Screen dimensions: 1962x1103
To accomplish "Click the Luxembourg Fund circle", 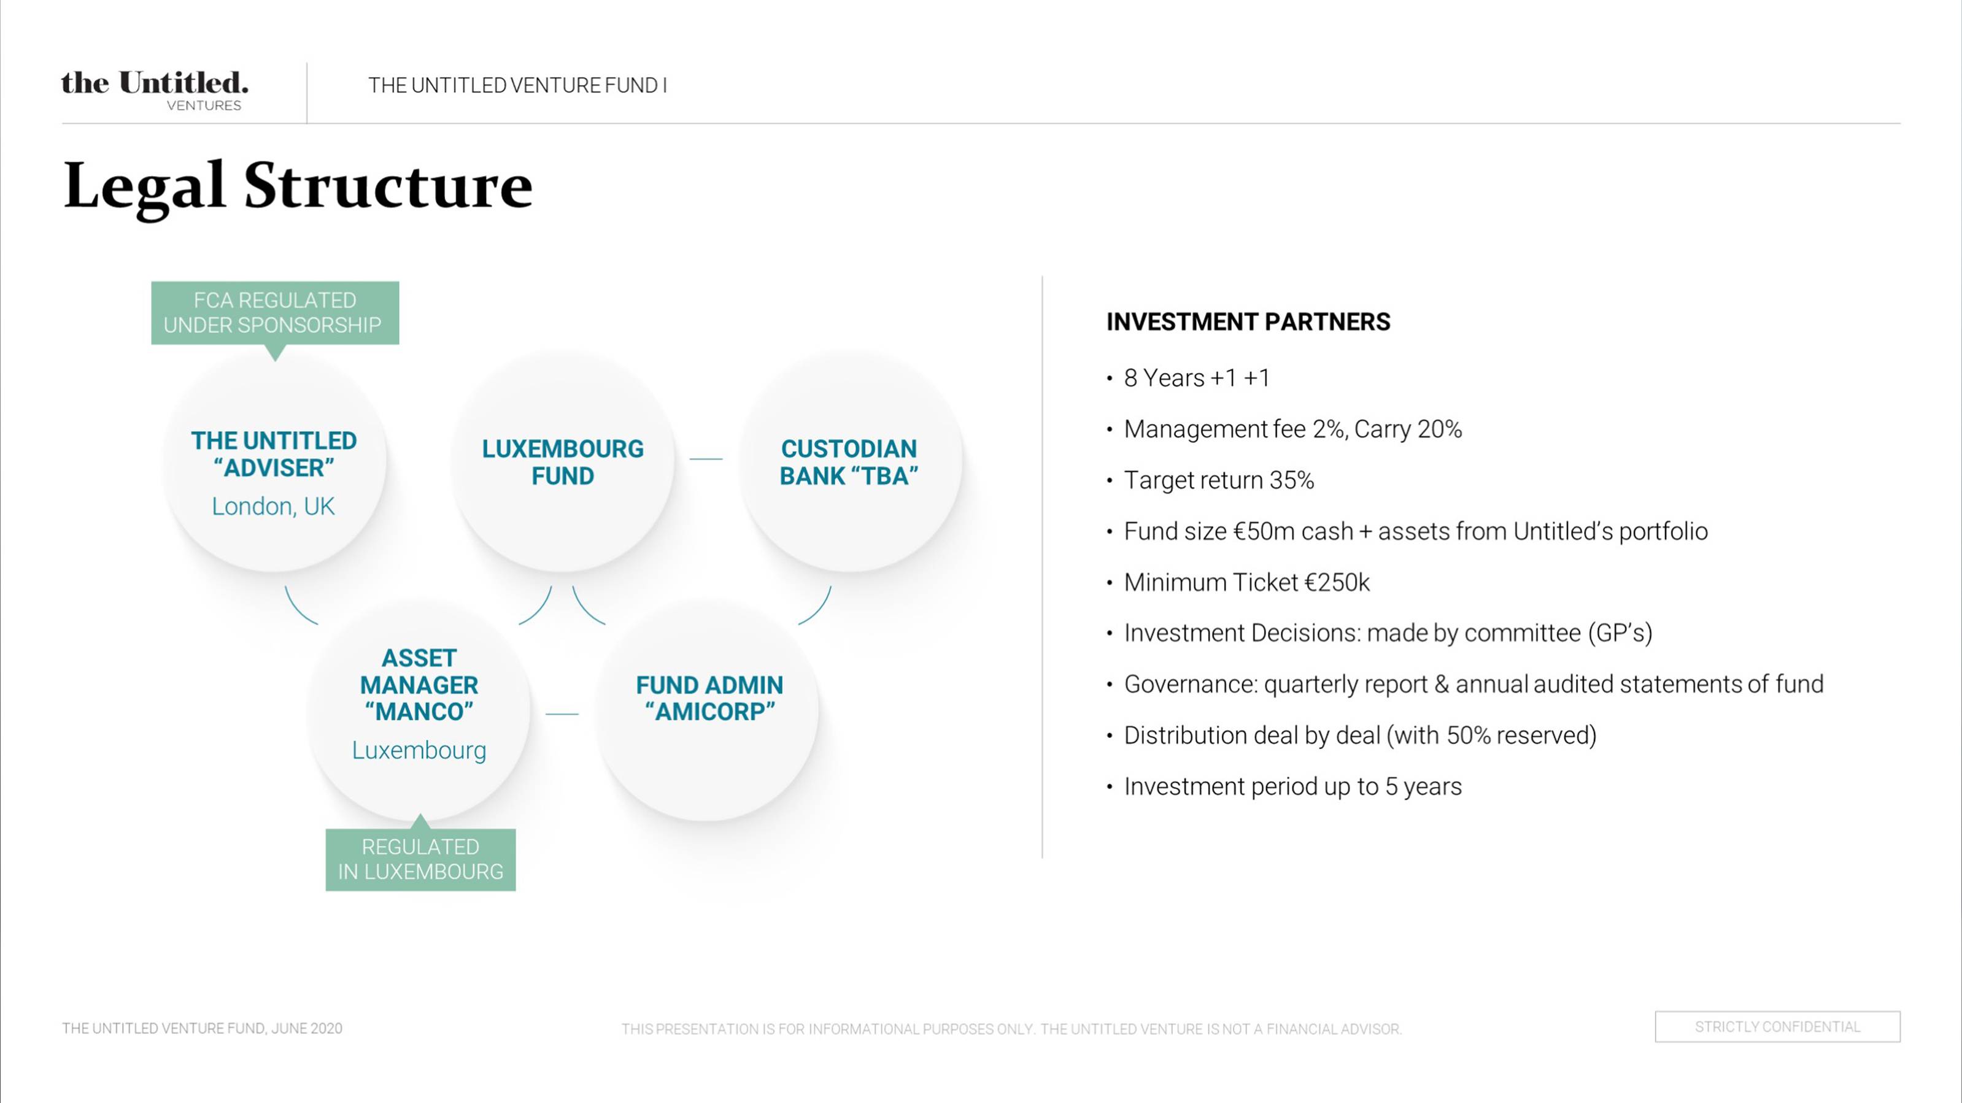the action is click(x=563, y=461).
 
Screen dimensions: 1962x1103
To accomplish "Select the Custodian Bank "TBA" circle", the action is click(x=849, y=461).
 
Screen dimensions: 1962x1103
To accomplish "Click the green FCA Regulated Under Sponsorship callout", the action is click(x=275, y=313).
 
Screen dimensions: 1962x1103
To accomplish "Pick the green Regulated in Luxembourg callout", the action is click(x=420, y=859).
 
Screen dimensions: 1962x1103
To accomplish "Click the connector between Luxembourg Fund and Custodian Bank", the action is click(x=706, y=459).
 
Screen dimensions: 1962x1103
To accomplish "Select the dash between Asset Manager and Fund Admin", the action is click(x=562, y=714).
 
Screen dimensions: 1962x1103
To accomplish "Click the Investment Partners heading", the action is click(x=1248, y=322).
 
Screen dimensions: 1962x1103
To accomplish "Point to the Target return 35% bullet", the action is click(x=1219, y=480).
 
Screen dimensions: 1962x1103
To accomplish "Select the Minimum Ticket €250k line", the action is click(x=1247, y=582).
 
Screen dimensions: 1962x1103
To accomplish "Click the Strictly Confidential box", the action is click(x=1778, y=1027).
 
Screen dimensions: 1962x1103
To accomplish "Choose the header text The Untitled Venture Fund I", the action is click(x=518, y=85).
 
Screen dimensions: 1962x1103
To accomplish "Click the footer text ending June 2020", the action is click(x=203, y=1028).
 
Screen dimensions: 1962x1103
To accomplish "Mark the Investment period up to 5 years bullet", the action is click(x=1293, y=786).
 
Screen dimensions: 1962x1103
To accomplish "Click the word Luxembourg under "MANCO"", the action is click(x=419, y=750).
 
